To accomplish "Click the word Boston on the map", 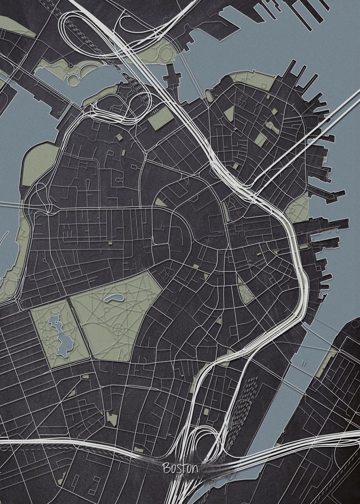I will click(x=180, y=467).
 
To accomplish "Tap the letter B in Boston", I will click(x=166, y=467).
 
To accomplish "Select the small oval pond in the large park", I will click(x=113, y=299).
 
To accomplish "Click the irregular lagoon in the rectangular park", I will click(x=59, y=336).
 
